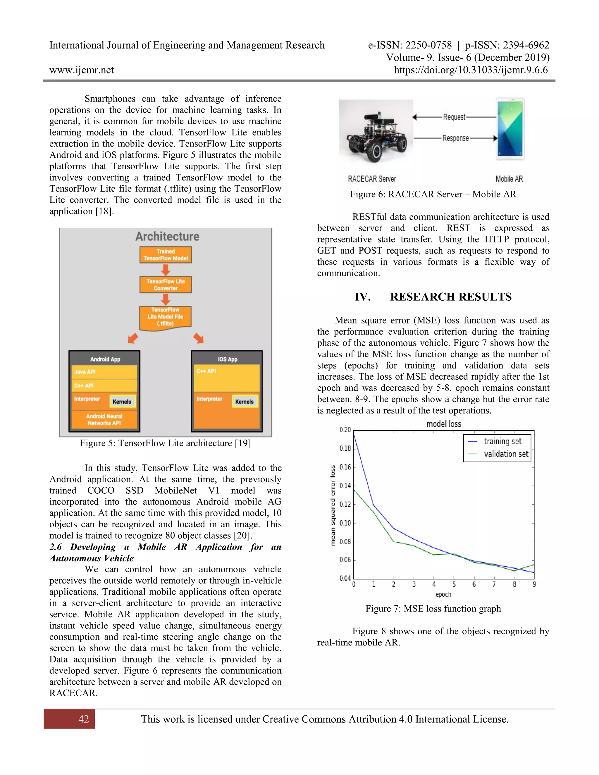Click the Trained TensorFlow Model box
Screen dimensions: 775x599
166,255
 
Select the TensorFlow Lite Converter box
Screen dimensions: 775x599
166,285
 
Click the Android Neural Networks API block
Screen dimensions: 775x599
104,419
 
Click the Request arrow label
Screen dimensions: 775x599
454,117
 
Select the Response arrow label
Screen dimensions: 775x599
455,138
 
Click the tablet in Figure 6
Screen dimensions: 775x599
510,129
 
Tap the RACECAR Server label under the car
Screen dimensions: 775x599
372,179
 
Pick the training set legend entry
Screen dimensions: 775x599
502,441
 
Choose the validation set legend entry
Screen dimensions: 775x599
506,454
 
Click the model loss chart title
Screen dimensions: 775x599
444,424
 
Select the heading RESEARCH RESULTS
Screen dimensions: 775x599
451,297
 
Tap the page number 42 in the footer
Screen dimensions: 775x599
84,719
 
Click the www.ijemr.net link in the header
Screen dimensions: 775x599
82,70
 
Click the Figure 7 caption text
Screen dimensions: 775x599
433,609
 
